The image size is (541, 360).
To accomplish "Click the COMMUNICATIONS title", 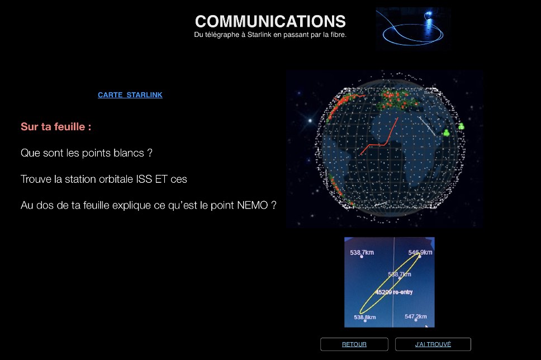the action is tap(270, 21).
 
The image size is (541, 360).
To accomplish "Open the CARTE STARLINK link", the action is tap(130, 95).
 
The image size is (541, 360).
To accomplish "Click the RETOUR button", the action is tap(354, 344).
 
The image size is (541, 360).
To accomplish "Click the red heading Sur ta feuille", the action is tap(56, 127).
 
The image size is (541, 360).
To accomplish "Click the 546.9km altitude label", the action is tap(420, 252).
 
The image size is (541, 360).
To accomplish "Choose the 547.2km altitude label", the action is tap(416, 316).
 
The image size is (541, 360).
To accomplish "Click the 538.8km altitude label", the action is tap(365, 317).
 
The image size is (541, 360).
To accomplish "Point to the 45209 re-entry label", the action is tap(394, 292).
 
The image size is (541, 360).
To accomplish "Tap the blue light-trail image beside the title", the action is tap(413, 29).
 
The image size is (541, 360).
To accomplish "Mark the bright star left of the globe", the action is tap(310, 120).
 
